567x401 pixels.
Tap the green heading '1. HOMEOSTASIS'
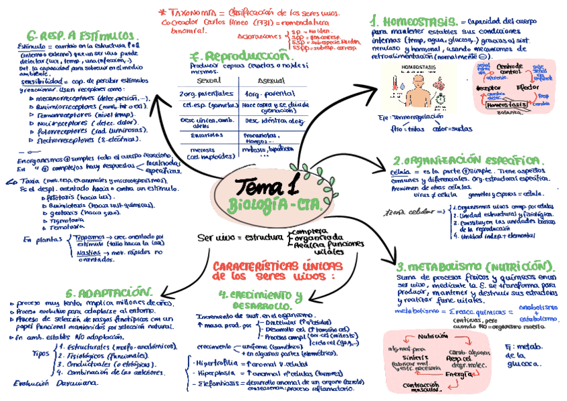point(415,21)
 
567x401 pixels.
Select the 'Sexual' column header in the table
point(209,81)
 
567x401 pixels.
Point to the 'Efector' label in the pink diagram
point(528,88)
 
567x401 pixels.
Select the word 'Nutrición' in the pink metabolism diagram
point(433,336)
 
